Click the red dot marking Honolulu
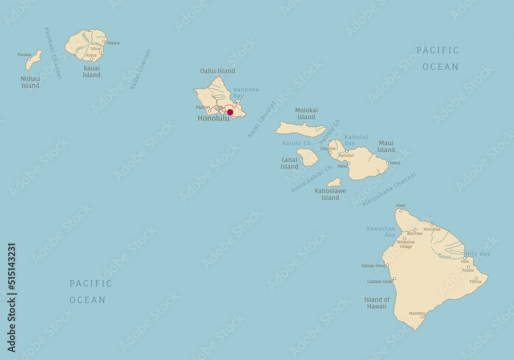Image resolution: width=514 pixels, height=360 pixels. point(230,112)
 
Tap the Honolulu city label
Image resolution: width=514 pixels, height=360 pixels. point(213,118)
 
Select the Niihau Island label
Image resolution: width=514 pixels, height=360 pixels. point(30,82)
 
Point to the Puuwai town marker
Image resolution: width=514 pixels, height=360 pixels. point(29,59)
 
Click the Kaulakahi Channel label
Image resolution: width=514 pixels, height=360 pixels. point(53,53)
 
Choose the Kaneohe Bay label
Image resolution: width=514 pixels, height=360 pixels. point(246,93)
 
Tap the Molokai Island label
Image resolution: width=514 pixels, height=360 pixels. point(306,114)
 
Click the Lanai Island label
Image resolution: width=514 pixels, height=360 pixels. point(289,163)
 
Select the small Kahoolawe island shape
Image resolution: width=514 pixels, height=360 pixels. point(334,183)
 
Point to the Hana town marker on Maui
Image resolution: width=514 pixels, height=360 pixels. point(388,163)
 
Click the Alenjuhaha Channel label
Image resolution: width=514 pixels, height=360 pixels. point(389,190)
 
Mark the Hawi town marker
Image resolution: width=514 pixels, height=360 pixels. point(401,210)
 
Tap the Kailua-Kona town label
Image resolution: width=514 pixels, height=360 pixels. point(373,266)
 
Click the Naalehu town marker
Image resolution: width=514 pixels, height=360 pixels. point(422,317)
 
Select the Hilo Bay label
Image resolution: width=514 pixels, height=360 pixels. point(478,254)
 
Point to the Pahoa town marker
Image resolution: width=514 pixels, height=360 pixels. point(476,278)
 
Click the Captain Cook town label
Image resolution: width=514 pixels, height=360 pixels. point(379,281)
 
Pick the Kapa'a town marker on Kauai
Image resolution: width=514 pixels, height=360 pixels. point(104,42)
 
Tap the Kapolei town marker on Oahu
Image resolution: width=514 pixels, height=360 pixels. point(209,111)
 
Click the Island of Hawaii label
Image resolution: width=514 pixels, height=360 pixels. point(377,303)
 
